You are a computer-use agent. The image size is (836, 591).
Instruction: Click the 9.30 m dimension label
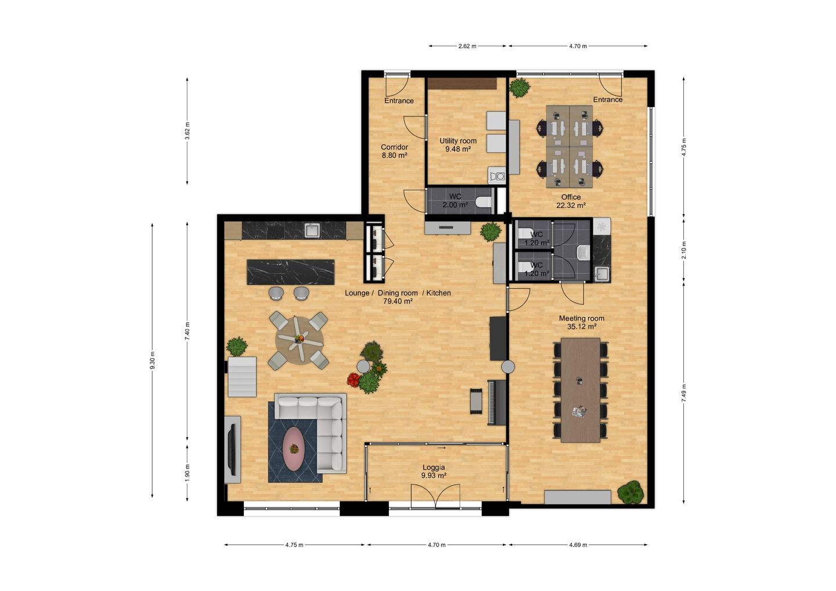(152, 361)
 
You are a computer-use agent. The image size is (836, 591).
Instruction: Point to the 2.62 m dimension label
(467, 46)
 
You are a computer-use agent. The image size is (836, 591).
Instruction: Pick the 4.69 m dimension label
(578, 545)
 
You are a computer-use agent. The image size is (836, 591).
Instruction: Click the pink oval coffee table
(294, 448)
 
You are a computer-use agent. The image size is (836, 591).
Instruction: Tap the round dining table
(299, 340)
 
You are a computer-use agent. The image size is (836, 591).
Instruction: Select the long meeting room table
(581, 390)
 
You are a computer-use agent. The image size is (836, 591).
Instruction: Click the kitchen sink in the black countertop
(312, 230)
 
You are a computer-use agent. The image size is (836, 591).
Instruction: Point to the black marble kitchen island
(291, 272)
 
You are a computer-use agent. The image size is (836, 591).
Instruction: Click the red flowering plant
(353, 380)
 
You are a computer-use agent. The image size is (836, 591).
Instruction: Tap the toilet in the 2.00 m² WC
(484, 201)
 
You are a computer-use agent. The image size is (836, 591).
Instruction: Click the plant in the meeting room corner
(630, 492)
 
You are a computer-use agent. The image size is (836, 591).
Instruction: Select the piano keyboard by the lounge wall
(497, 402)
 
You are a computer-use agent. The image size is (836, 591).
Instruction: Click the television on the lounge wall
(233, 449)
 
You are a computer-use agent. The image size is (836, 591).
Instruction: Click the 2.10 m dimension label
(684, 250)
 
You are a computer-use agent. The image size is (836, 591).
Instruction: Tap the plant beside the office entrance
(520, 88)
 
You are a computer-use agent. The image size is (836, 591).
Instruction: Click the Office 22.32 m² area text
(571, 201)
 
